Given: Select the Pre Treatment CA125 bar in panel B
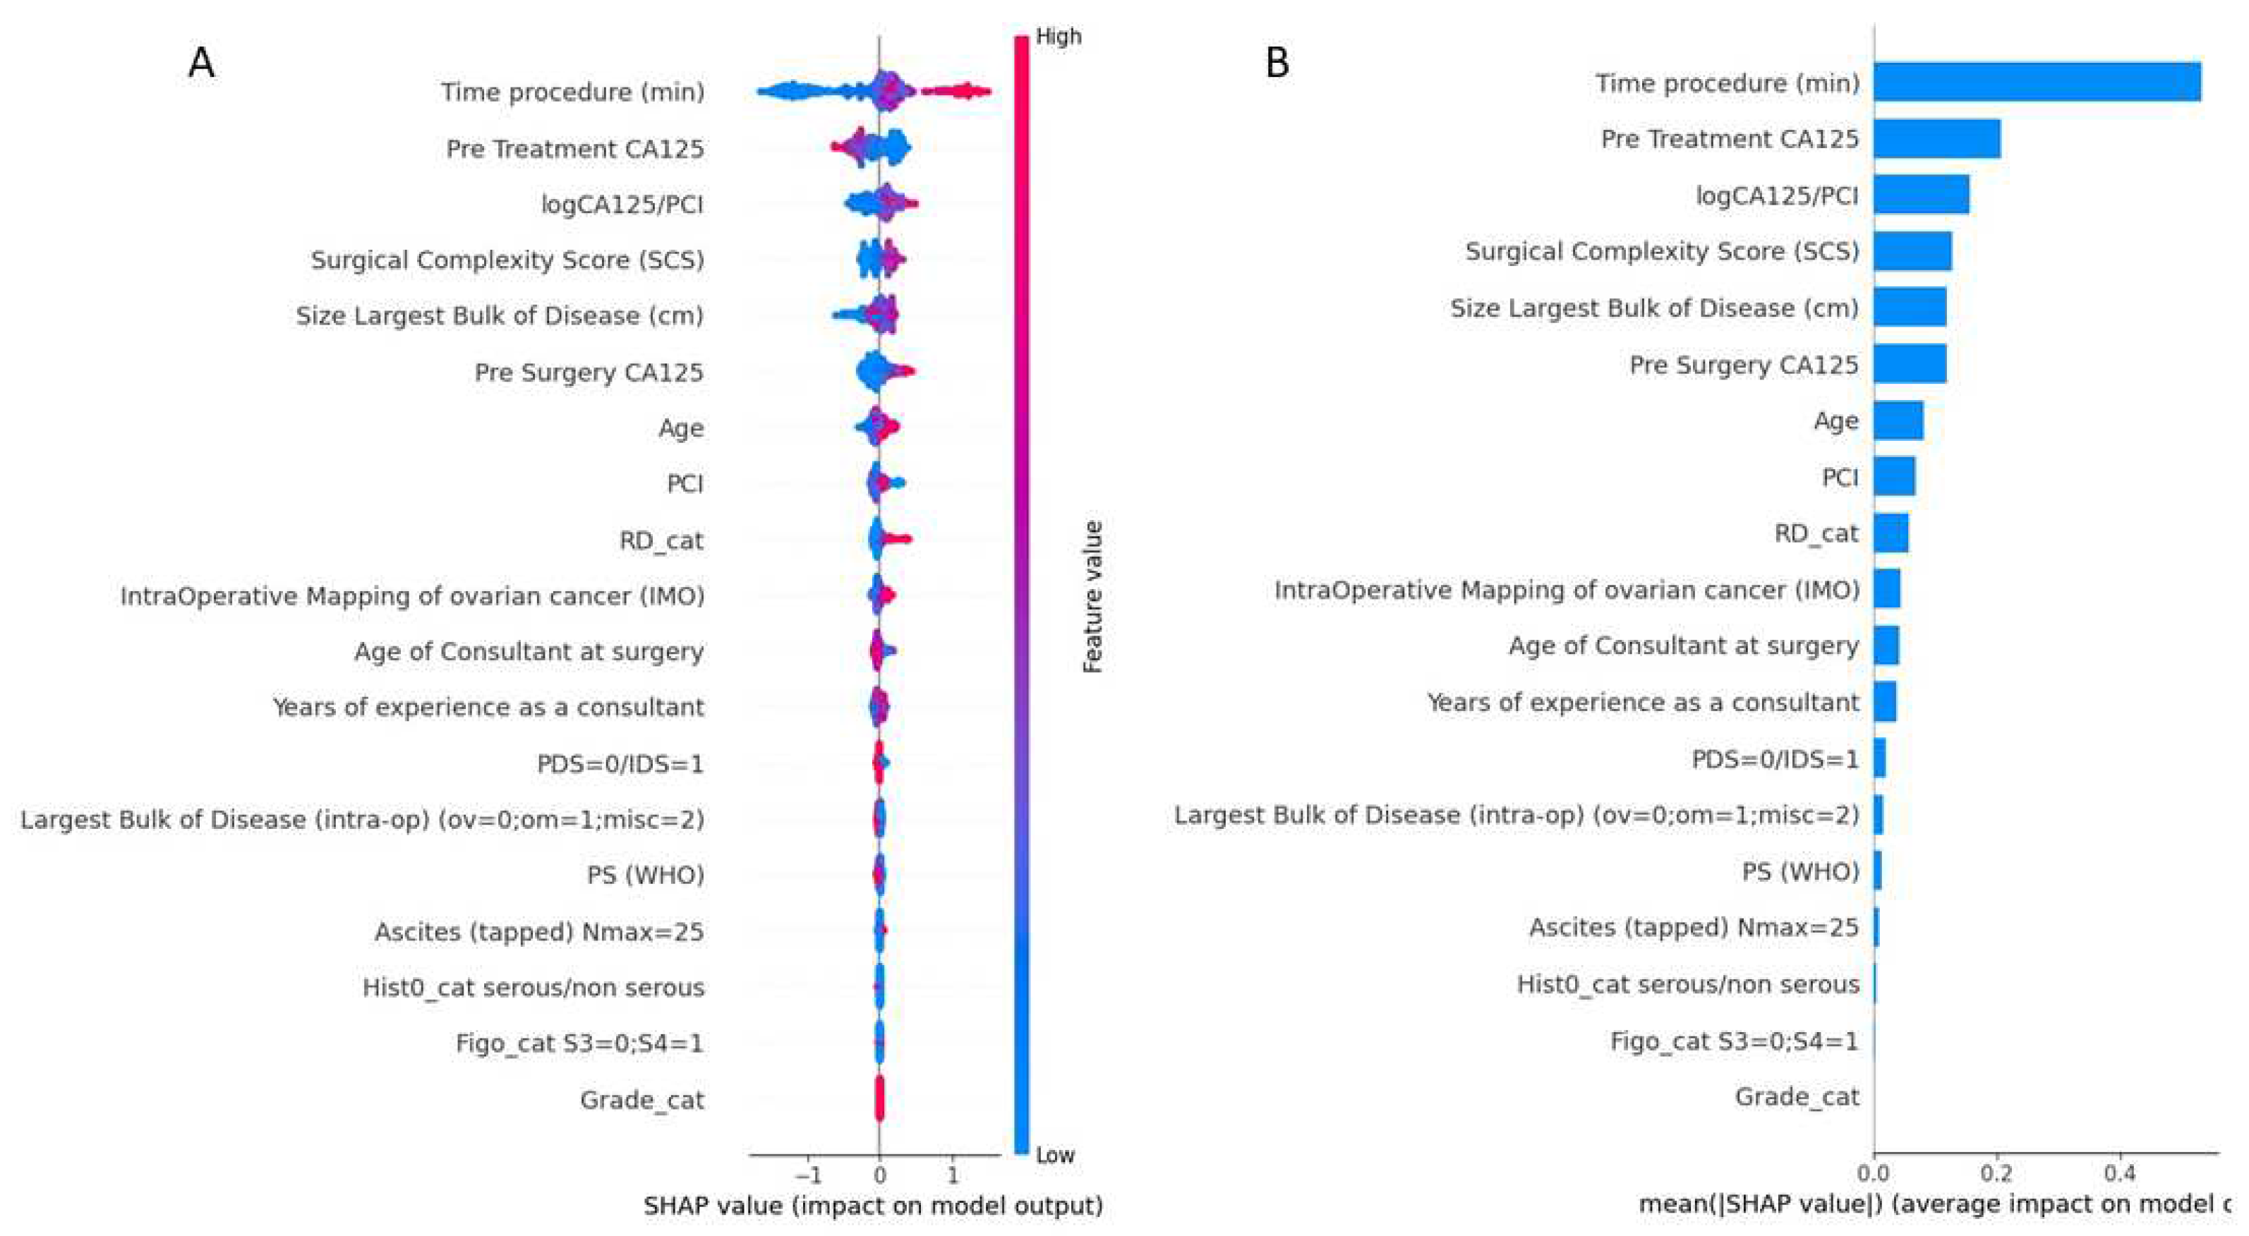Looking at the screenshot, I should (1936, 139).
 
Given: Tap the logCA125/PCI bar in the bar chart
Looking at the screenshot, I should (1921, 195).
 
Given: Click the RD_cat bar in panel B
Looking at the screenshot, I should (1891, 533).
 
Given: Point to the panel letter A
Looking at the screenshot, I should (202, 63).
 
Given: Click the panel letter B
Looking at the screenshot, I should (1277, 63).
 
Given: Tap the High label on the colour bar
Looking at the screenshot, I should (1057, 36).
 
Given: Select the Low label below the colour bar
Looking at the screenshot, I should (1055, 1155).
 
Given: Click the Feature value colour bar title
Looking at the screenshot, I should (1092, 597).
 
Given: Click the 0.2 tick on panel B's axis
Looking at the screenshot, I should (1996, 1173).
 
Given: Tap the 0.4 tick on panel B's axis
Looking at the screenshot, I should (2119, 1173).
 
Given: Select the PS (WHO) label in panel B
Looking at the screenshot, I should (1800, 871).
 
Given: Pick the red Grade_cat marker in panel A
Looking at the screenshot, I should (879, 1098).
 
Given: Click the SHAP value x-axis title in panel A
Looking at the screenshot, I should (873, 1206).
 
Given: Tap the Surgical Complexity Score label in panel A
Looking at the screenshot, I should (507, 260).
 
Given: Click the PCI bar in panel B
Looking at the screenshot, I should (1893, 477).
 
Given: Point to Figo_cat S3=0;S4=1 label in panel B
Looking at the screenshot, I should (1734, 1041).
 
